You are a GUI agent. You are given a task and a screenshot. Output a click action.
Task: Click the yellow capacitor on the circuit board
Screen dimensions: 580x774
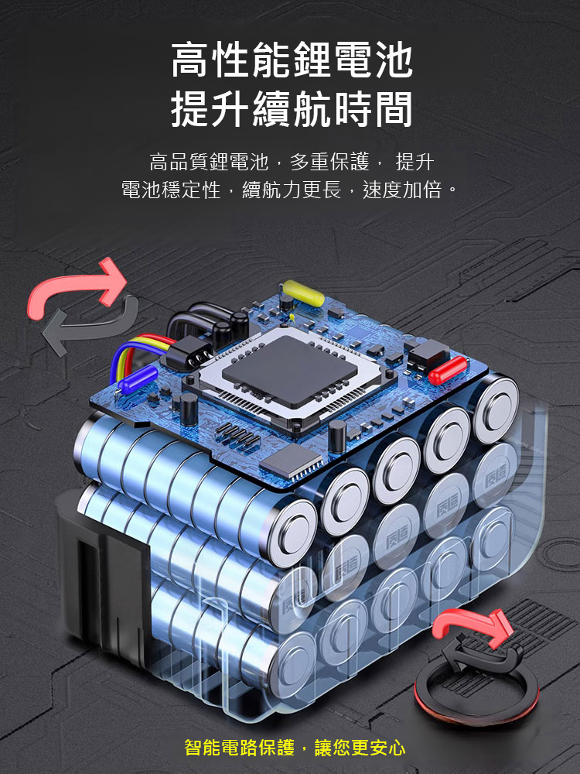[302, 293]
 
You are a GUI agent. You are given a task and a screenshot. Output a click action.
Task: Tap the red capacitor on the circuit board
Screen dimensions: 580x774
[447, 370]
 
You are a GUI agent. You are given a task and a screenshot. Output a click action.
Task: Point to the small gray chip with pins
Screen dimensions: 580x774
[291, 461]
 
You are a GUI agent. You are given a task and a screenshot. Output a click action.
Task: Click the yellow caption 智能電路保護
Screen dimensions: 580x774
[240, 748]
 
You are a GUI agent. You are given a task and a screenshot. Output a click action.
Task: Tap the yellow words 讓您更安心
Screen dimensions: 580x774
[360, 748]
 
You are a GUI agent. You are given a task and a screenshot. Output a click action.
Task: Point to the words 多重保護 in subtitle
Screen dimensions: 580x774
[329, 162]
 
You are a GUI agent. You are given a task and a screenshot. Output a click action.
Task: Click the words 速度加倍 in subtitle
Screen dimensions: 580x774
[402, 190]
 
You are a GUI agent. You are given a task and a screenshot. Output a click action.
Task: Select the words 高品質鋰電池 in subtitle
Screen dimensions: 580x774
[209, 162]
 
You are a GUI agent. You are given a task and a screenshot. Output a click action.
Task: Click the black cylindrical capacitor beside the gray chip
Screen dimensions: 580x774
[337, 436]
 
